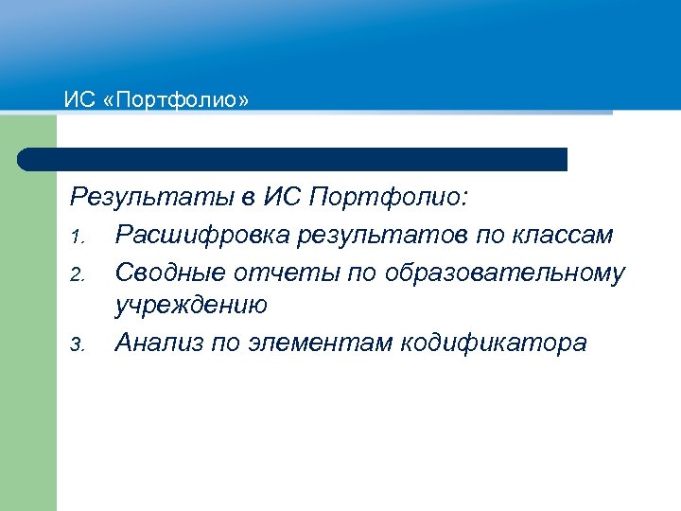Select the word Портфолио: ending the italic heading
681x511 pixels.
tap(390, 199)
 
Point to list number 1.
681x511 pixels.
tap(78, 236)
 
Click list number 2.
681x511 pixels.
tap(78, 274)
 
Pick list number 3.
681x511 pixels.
tap(78, 344)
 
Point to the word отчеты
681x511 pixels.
tap(279, 273)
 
